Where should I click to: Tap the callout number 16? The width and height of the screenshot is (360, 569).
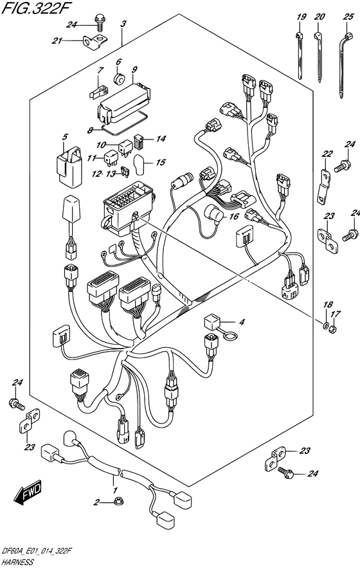coord(235,217)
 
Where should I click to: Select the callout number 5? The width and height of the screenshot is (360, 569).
coord(64,138)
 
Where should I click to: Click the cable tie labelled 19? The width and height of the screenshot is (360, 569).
coord(300,55)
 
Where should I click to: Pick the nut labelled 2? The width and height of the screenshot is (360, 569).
coord(118,502)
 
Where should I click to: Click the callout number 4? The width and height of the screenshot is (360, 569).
coord(241,321)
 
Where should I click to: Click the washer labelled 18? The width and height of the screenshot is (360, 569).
coord(325,323)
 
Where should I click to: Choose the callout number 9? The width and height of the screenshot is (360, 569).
coord(134,69)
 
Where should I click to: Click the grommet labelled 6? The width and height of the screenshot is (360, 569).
coord(119,78)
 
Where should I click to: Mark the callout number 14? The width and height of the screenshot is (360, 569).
coord(161,139)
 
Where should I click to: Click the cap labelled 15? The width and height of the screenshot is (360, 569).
coord(139,165)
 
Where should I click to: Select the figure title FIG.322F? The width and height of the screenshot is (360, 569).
coord(33,8)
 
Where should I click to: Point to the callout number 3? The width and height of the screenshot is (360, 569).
coord(123,24)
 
